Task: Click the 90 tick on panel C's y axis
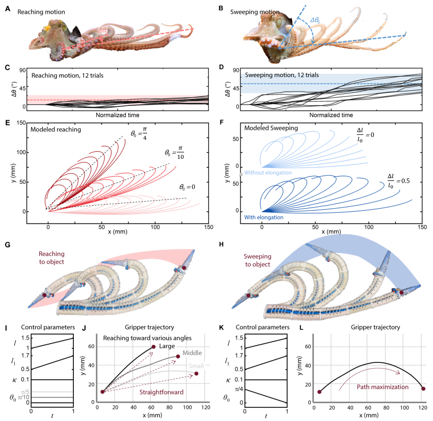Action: tap(23, 70)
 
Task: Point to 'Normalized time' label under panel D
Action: tap(331, 116)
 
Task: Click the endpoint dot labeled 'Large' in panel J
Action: tap(153, 347)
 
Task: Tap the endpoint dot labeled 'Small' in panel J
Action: tap(196, 374)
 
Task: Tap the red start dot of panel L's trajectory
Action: tap(319, 392)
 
